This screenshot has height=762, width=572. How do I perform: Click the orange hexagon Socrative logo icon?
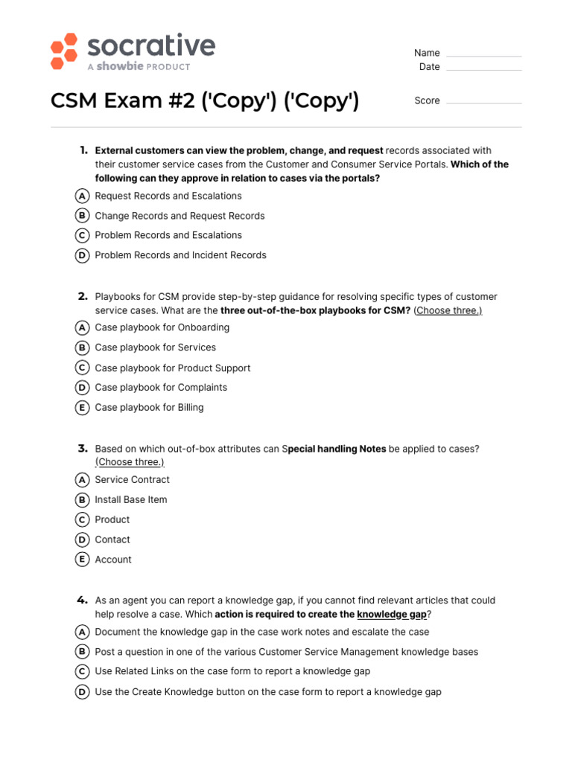tap(64, 51)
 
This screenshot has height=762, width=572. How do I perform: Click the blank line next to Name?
tap(483, 56)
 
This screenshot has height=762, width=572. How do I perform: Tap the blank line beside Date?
tap(483, 70)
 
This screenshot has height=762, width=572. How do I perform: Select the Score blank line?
tap(483, 103)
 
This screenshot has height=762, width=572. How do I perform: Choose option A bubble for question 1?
tap(82, 196)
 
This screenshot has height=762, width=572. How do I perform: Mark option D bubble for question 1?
tap(82, 255)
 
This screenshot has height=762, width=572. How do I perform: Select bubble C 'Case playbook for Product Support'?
tap(82, 368)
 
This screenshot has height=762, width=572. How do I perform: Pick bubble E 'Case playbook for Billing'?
tap(82, 407)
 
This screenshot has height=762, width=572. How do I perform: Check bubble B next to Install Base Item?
tap(82, 500)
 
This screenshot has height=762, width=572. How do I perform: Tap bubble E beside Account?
tap(82, 560)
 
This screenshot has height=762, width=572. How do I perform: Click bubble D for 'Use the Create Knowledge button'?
tap(82, 692)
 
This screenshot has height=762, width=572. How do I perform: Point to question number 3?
tap(83, 449)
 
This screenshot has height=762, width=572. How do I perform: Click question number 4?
tap(83, 600)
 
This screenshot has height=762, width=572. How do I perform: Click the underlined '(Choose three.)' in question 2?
tap(448, 310)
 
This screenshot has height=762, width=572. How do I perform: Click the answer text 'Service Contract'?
tap(132, 480)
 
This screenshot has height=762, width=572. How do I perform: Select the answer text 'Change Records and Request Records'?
tap(179, 216)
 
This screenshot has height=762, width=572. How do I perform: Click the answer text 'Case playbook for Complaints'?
tap(161, 388)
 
